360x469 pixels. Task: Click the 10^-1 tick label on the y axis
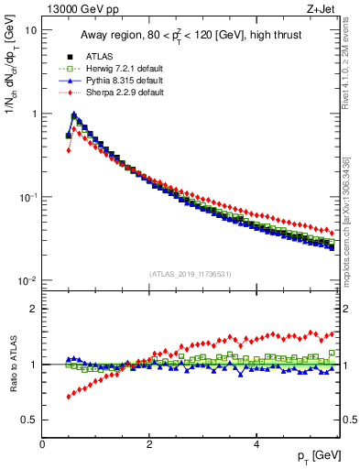click(26, 197)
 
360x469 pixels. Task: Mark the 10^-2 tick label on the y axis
click(26, 281)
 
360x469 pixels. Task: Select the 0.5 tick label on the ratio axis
click(28, 420)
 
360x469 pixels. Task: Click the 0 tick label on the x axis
click(42, 444)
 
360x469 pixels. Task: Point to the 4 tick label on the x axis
click(256, 444)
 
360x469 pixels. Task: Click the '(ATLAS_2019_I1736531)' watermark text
click(189, 274)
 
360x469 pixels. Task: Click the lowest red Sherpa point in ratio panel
click(68, 397)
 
